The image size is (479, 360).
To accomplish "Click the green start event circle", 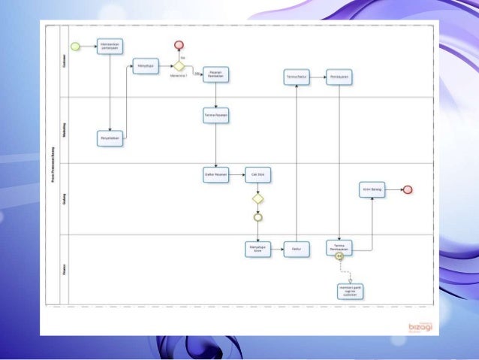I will point(75,47).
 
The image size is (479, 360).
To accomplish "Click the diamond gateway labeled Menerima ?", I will point(179,65).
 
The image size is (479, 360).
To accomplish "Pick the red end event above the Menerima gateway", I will point(179,45).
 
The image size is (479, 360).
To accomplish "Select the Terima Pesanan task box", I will point(216,116).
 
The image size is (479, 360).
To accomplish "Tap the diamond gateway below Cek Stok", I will point(258,199).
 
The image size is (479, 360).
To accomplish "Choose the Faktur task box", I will point(297,250).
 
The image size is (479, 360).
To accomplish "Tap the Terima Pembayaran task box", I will point(340,248).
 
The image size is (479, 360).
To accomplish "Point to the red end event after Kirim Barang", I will point(408,189).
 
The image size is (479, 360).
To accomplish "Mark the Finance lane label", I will point(63,268).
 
